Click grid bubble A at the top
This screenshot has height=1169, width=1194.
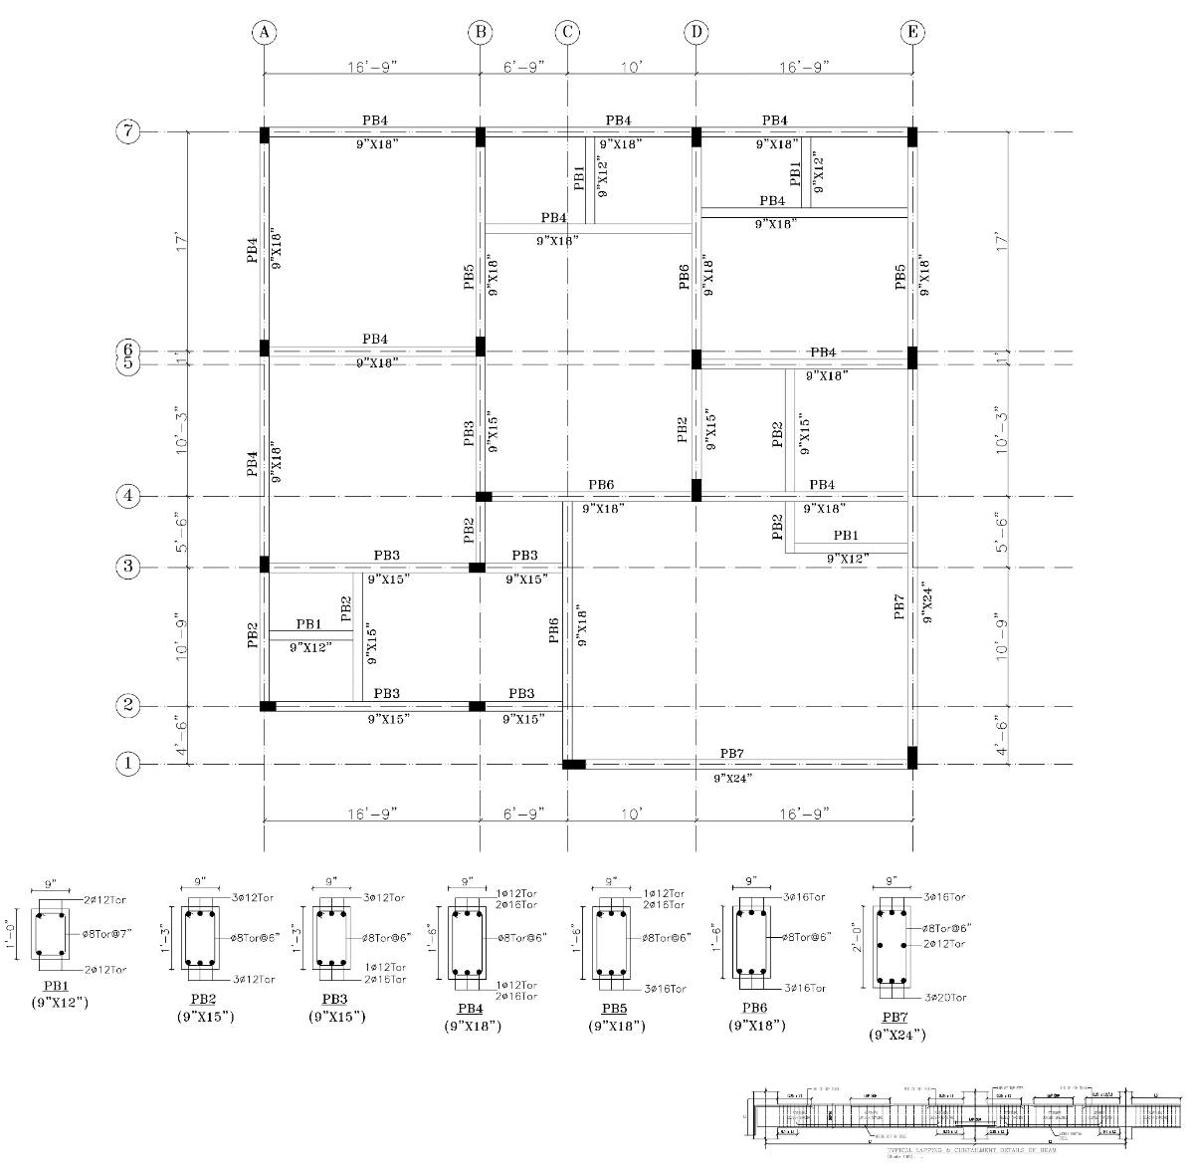[x=264, y=33]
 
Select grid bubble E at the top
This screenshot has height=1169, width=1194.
[x=912, y=33]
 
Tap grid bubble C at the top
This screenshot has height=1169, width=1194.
[x=567, y=33]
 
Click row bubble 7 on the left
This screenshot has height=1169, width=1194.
[x=128, y=131]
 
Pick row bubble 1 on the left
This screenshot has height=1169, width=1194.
[x=128, y=765]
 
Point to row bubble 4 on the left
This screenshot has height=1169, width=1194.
[x=128, y=496]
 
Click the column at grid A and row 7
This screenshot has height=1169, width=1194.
[x=265, y=134]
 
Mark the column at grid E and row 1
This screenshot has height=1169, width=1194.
[x=911, y=758]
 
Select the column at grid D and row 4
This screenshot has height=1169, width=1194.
[x=696, y=490]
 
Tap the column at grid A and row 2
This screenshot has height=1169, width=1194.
[x=268, y=706]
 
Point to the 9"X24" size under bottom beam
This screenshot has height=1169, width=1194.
[x=733, y=777]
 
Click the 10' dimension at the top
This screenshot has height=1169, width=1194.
[x=632, y=67]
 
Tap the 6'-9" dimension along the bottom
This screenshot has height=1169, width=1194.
[x=523, y=814]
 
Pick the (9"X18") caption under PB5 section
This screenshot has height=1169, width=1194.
[x=617, y=1026]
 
